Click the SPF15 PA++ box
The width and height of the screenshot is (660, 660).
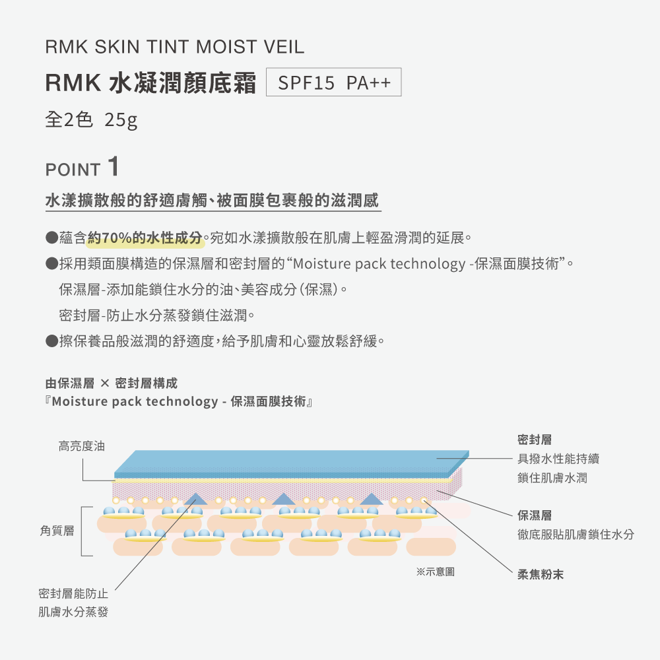pyautogui.click(x=334, y=84)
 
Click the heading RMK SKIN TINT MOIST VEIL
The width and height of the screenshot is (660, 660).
pyautogui.click(x=175, y=48)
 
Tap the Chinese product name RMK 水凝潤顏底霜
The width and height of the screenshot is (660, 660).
pyautogui.click(x=150, y=84)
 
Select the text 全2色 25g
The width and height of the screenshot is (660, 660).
pyautogui.click(x=91, y=120)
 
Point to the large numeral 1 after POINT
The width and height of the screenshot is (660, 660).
pyautogui.click(x=113, y=166)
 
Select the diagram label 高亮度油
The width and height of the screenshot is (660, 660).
pyautogui.click(x=82, y=447)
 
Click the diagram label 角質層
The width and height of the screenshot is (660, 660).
pyautogui.click(x=57, y=531)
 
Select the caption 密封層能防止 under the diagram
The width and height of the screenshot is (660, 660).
pyautogui.click(x=73, y=594)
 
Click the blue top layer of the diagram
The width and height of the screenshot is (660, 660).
pyautogui.click(x=290, y=461)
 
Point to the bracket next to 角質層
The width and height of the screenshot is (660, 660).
pyautogui.click(x=83, y=531)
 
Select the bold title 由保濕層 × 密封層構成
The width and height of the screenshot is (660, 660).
pyautogui.click(x=112, y=383)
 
